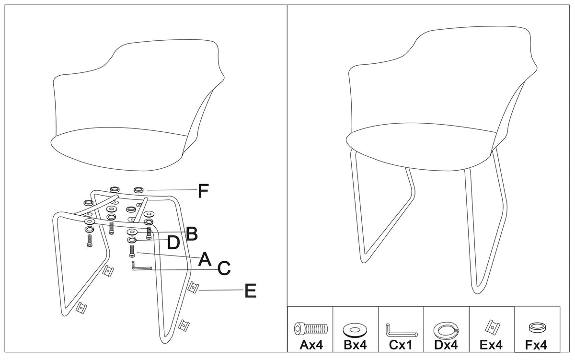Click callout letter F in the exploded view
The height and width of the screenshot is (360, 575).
(203, 191)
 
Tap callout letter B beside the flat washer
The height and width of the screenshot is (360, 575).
(192, 233)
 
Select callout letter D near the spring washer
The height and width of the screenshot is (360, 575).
(173, 243)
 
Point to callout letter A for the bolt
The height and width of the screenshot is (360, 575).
(205, 259)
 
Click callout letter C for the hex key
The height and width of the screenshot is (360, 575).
(224, 268)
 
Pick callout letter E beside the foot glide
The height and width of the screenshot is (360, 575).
(251, 290)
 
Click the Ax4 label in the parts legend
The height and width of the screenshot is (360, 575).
(311, 345)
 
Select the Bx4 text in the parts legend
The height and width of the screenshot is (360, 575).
(355, 345)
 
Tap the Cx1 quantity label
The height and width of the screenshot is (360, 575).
(401, 345)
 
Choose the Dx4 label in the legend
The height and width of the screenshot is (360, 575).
(446, 345)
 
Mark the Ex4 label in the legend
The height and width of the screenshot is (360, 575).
(491, 345)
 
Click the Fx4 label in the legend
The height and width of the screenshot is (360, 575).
(536, 345)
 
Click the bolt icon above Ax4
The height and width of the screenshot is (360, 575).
(311, 329)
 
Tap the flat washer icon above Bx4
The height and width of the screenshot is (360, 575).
(355, 330)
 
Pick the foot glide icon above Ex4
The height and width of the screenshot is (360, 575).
(493, 326)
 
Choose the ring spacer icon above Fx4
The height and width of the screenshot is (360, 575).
(538, 328)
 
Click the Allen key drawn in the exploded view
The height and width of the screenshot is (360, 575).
(142, 268)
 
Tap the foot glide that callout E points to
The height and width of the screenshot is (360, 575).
(193, 287)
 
